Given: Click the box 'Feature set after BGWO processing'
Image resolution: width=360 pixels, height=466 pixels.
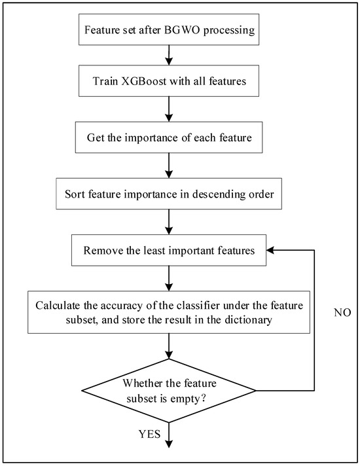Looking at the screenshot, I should click(169, 30).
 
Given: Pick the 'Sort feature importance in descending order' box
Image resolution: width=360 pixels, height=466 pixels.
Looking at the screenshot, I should click(169, 194).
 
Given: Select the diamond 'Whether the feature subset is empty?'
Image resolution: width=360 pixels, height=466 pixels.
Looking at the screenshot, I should click(169, 391).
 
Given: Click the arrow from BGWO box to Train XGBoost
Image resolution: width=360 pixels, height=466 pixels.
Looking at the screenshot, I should click(169, 58).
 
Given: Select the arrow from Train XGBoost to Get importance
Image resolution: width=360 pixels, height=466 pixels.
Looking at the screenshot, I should click(169, 112).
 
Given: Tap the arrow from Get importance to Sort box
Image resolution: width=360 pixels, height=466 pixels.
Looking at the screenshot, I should click(169, 166).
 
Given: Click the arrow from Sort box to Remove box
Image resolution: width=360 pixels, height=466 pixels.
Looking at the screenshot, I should click(169, 223).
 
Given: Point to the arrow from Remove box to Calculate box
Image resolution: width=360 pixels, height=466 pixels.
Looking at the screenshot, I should click(169, 278).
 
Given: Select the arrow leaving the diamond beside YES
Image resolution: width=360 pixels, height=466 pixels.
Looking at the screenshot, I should click(169, 435).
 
